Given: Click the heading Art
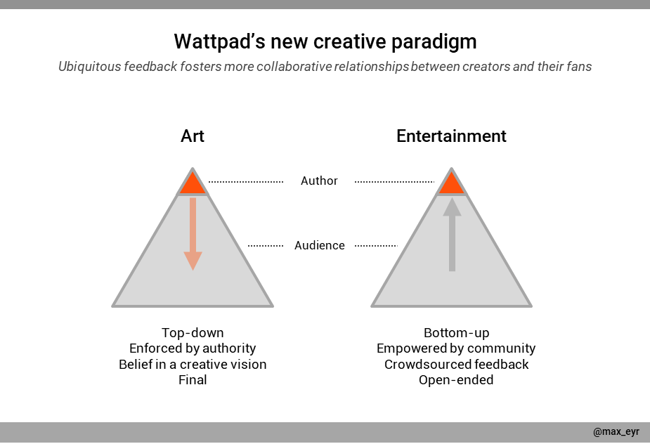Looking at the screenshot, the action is pos(193,136).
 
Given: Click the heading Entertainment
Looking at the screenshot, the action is pos(451,136).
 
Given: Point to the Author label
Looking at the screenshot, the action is pos(319,181).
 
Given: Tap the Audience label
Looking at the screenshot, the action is pos(320,245).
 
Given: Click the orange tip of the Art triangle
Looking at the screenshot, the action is pos(193,184).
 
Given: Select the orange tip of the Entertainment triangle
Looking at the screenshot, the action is pos(451,184).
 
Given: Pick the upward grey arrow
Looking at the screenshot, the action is pos(452,235).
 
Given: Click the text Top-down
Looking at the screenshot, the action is pos(193,332).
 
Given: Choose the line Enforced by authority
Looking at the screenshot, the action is pos(193,348).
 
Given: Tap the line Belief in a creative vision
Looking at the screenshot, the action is pos(193,365).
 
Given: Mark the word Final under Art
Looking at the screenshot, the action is pos(193,380).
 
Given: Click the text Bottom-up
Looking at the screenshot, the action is pos(456,332).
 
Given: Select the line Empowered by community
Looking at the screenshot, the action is pos(456,348).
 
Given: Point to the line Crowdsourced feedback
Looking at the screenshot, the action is pos(456,365).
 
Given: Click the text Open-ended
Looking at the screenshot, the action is pos(456,380).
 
